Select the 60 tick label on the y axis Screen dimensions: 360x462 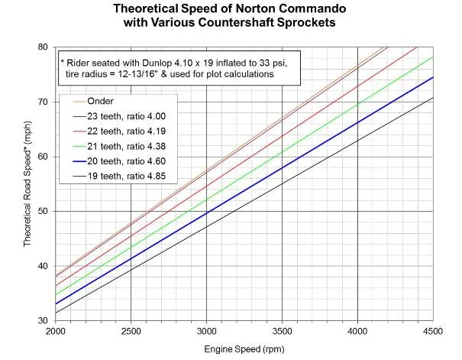point(44,157)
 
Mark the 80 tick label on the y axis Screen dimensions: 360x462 point(44,47)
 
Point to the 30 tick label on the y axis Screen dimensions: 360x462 point(44,320)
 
